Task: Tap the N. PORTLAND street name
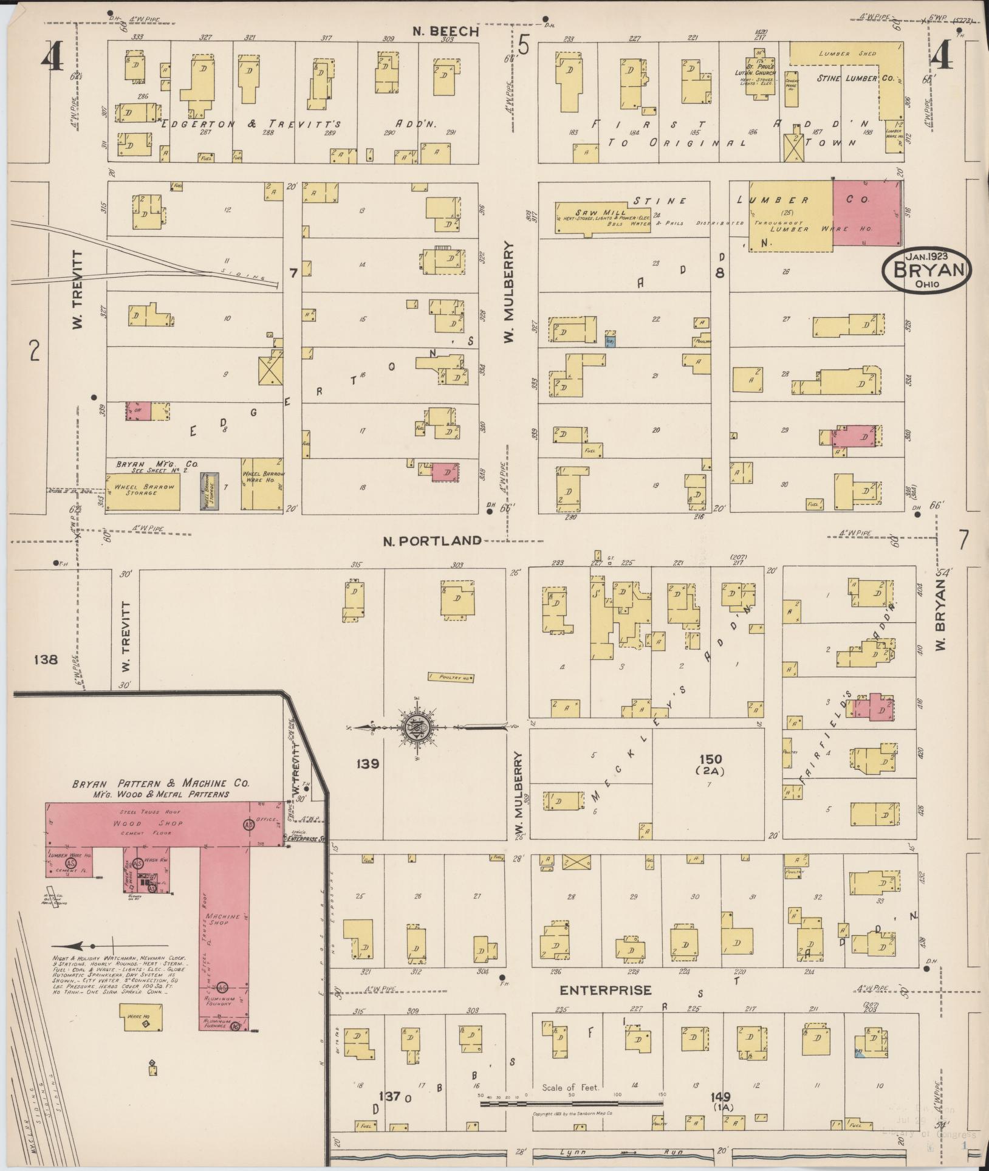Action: pos(432,540)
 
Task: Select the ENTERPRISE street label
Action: pos(605,991)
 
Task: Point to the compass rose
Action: pos(420,726)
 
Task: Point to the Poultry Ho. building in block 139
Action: pos(450,677)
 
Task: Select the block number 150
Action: pos(710,758)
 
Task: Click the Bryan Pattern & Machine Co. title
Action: pos(160,783)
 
